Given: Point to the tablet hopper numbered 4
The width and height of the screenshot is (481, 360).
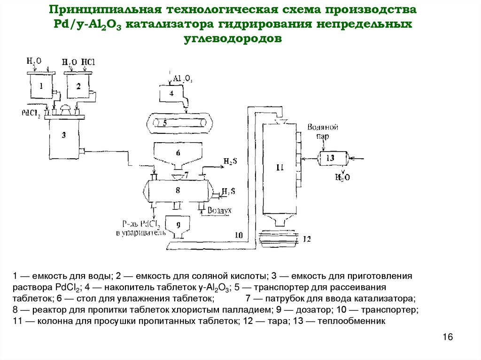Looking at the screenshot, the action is click(171, 93).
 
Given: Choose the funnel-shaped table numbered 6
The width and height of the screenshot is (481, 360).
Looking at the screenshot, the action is click(178, 154).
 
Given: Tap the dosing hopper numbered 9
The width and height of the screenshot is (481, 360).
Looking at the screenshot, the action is click(178, 225).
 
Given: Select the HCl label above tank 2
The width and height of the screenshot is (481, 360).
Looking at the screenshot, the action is click(88, 62).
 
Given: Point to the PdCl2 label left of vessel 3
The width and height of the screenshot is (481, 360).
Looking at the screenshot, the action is click(31, 113).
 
